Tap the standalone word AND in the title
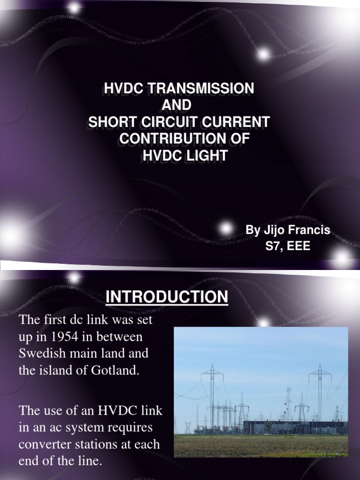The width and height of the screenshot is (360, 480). pos(177,105)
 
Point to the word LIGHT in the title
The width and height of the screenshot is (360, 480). pos(204,156)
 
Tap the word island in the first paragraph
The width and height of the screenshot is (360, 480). pos(50,369)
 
